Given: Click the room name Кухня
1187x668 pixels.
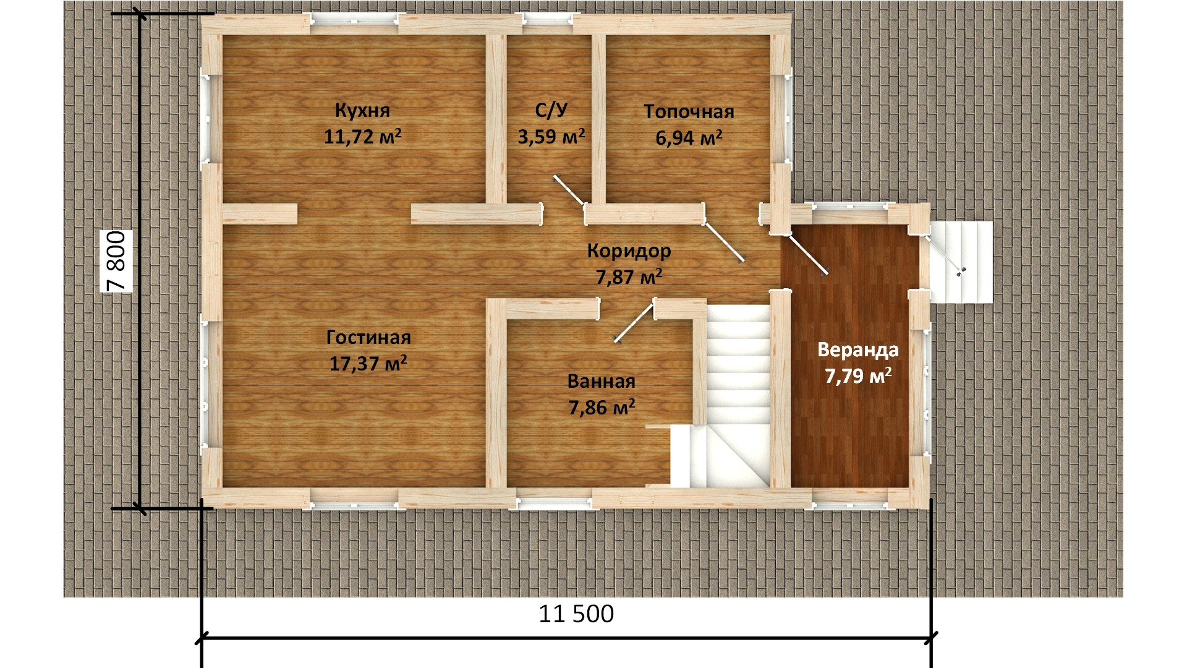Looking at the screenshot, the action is (362, 111).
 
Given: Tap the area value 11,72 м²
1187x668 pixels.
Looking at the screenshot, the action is (363, 136).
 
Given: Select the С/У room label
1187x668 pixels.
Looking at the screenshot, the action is (551, 111).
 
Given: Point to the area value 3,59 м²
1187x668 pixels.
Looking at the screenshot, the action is (551, 136).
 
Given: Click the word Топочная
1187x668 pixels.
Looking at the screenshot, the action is (689, 112).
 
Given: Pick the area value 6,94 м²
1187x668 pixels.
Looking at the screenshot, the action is (689, 137).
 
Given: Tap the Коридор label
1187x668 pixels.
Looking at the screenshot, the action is (629, 251).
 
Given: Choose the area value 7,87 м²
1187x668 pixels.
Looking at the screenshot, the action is (629, 277).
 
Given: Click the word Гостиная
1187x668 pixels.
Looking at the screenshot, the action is (368, 338).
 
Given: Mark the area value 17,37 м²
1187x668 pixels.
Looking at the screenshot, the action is (368, 363).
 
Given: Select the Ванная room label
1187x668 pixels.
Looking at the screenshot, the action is (602, 382).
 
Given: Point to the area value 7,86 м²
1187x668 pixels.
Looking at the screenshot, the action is (602, 407).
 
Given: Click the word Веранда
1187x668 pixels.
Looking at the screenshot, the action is (858, 350).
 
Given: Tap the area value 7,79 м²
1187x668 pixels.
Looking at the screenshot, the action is (858, 375).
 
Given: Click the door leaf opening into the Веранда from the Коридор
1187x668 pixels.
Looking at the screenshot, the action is (808, 254).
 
